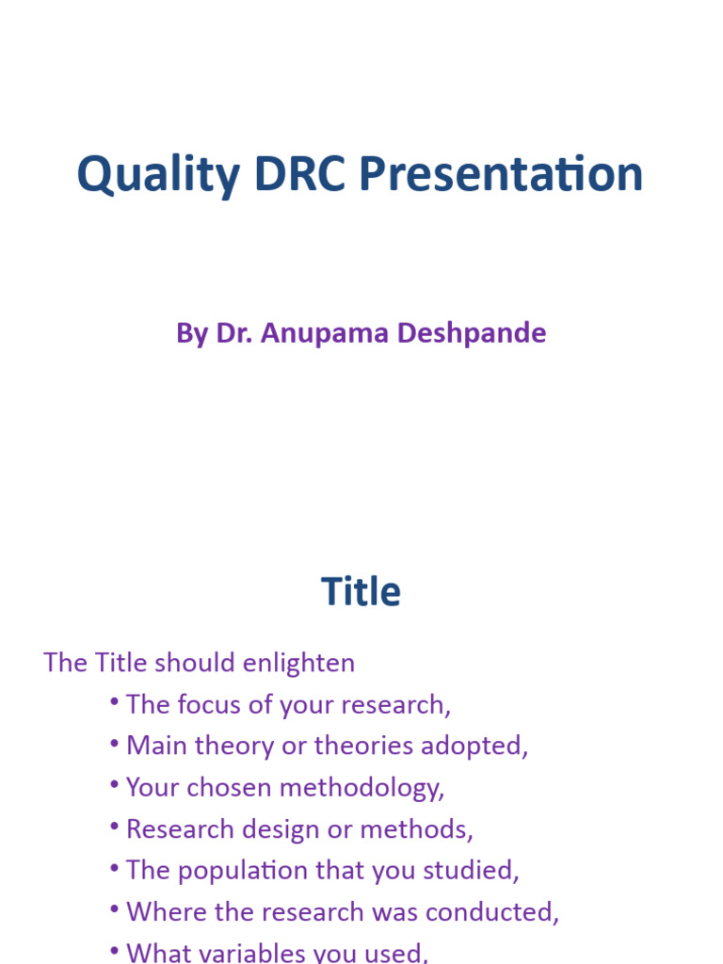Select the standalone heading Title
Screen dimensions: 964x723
click(361, 592)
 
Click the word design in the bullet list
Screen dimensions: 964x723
click(253, 829)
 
